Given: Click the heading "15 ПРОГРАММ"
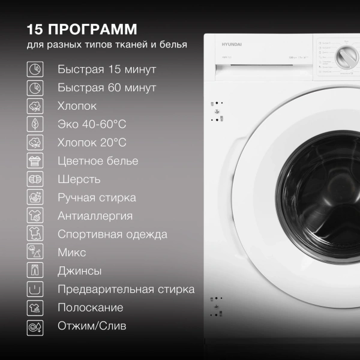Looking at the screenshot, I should [82, 29].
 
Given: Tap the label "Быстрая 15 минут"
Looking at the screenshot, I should [107, 69].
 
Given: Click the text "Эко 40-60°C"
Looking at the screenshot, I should [92, 124].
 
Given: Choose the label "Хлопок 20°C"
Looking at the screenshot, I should [92, 142].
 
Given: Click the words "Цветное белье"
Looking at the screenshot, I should [98, 161].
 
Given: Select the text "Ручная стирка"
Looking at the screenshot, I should [97, 197].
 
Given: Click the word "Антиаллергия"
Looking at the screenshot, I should [95, 216].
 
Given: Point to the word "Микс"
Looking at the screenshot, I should [72, 253].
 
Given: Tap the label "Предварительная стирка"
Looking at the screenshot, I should [126, 289].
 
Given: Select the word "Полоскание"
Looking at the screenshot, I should [91, 308].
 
